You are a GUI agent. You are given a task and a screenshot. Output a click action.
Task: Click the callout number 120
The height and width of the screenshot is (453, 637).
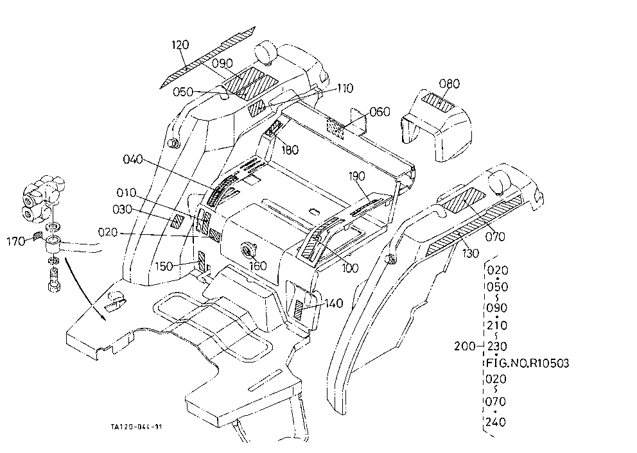point(180,45)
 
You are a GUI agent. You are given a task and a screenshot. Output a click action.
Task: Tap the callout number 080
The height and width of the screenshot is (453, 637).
point(449,83)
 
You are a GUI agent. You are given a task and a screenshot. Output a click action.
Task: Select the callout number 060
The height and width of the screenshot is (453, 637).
point(380,112)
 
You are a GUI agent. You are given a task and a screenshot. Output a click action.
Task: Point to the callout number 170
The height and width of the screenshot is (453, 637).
point(16,242)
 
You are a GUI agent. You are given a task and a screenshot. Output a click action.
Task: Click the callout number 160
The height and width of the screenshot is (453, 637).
point(257,266)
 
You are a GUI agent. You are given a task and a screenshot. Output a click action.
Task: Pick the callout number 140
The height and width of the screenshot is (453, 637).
point(333,303)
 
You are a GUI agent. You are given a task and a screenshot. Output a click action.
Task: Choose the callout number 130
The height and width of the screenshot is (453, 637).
point(471,253)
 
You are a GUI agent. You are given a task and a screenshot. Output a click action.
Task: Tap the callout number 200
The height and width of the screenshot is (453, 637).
point(464,346)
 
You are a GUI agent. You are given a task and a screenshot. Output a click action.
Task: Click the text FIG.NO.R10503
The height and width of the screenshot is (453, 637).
point(528,363)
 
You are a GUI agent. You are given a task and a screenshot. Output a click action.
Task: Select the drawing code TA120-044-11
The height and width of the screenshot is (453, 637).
point(136,427)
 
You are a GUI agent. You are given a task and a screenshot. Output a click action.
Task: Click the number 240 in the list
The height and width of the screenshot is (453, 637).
point(496,422)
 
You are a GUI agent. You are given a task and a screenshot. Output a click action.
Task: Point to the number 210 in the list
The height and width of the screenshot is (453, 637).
point(496,325)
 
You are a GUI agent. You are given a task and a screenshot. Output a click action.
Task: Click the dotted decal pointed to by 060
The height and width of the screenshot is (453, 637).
point(336,129)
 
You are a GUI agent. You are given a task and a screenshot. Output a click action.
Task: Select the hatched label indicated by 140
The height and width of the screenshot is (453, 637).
point(299,311)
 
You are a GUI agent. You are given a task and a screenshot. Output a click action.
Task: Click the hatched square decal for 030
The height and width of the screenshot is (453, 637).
point(177,221)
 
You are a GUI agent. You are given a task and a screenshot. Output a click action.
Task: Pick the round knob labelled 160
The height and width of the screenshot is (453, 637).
point(248,248)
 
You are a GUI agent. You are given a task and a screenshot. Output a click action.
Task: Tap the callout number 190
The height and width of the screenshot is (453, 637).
point(356,176)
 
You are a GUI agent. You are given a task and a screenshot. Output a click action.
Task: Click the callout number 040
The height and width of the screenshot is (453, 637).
point(133,159)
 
